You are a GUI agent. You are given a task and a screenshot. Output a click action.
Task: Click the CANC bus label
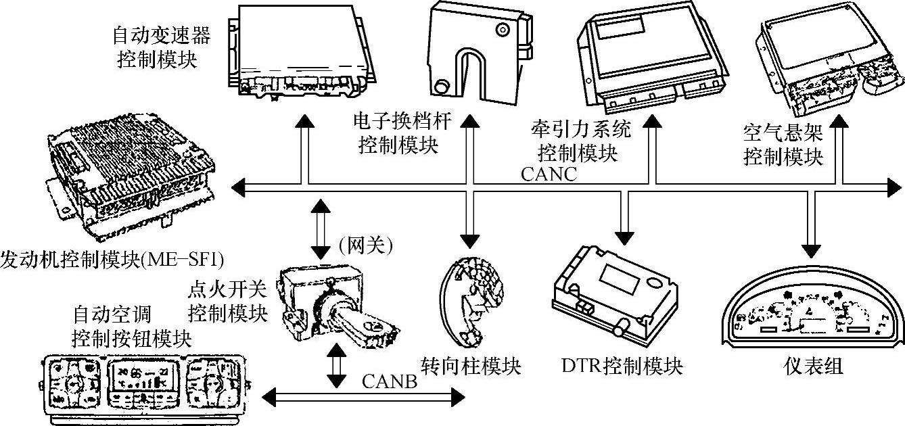pos(549,174)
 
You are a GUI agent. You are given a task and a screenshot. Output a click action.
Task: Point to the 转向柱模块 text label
pos(471,366)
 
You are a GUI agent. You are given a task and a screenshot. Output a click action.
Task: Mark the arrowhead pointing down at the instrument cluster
pos(810,243)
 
